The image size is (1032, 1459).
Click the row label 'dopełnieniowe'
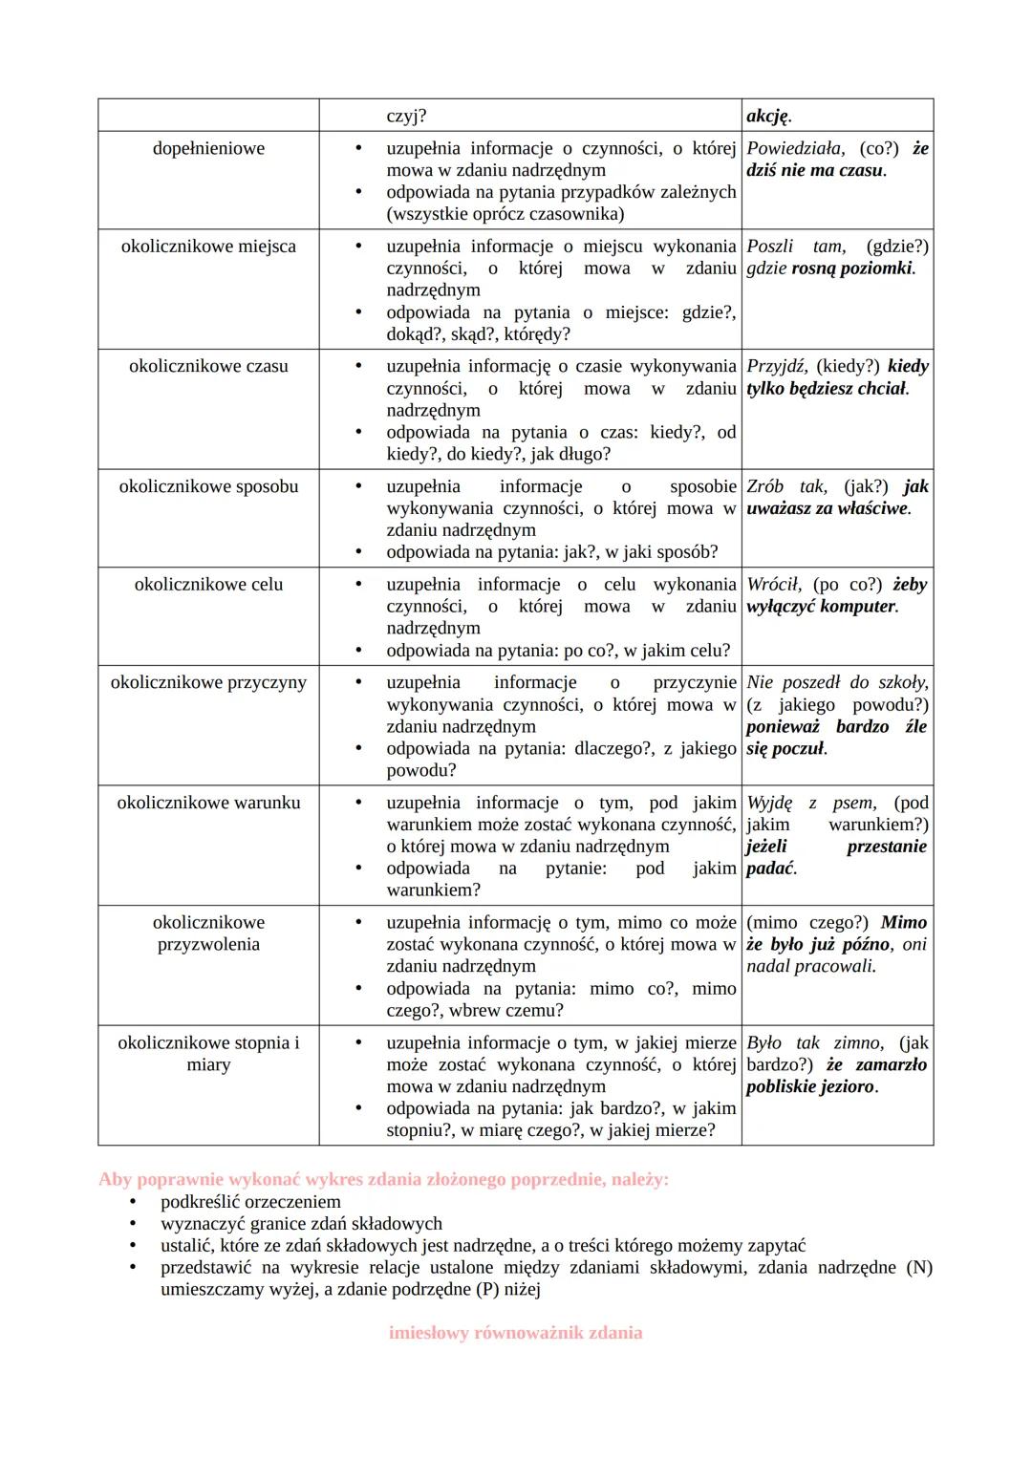[208, 148]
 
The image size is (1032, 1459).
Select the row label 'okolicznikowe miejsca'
[208, 247]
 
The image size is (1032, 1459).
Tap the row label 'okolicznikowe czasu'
[208, 366]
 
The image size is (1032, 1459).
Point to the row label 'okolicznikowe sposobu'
[208, 486]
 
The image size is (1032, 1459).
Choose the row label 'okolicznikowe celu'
[208, 585]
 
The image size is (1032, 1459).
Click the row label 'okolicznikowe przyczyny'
[208, 682]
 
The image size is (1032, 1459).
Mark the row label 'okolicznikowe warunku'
[208, 803]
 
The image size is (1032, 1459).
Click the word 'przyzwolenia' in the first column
[208, 944]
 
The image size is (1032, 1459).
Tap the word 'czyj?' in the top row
[406, 117]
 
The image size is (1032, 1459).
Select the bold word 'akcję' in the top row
[767, 117]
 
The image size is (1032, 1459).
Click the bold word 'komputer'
[857, 607]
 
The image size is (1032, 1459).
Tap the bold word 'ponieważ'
[783, 726]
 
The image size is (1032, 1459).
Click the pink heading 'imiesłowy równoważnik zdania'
[515, 1333]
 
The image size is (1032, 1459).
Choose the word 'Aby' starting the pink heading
[114, 1179]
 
